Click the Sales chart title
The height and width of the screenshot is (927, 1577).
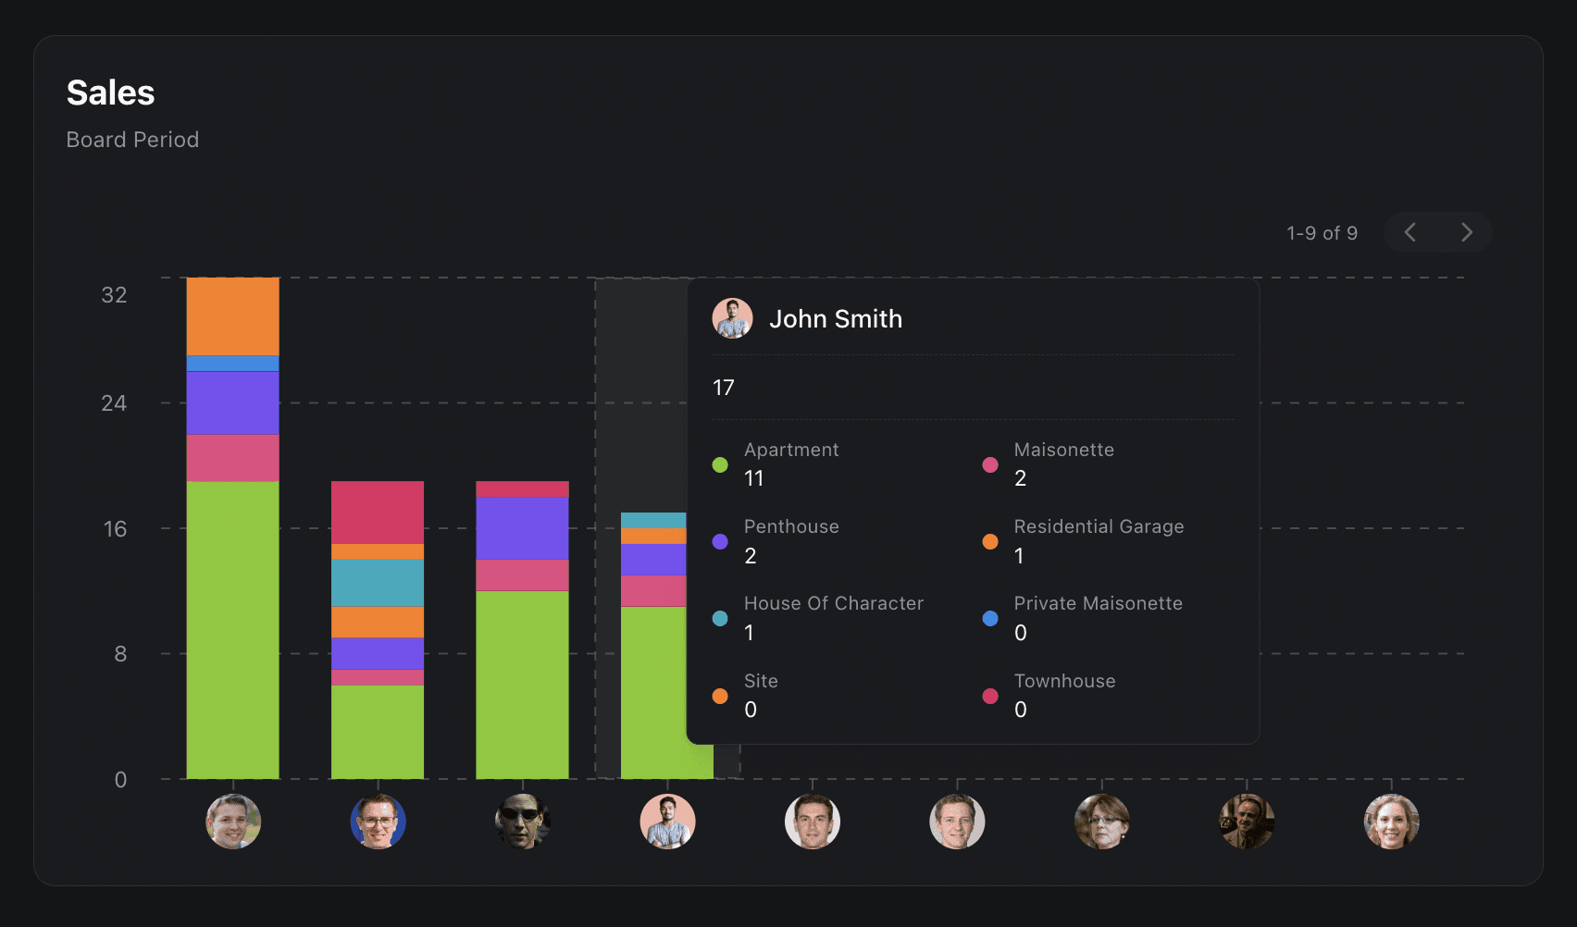pos(111,93)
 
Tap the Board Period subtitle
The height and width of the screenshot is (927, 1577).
pos(132,140)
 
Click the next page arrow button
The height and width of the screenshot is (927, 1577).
pos(1466,232)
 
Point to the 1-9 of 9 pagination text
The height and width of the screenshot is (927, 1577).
pos(1322,233)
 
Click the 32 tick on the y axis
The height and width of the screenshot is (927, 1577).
pos(114,295)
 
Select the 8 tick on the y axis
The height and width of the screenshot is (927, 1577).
pos(120,654)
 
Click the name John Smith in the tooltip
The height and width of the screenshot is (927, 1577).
pos(835,319)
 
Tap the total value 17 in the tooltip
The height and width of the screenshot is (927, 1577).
pos(723,388)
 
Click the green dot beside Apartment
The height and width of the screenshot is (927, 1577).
pos(720,464)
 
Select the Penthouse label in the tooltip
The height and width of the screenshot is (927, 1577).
pos(791,526)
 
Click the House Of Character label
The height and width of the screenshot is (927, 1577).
pos(833,603)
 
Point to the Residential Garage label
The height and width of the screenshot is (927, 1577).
pos(1099,526)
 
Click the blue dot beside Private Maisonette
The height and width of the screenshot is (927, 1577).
pos(990,618)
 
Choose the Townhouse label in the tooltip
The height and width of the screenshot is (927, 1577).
pos(1064,681)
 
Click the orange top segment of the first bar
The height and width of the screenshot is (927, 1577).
pos(232,316)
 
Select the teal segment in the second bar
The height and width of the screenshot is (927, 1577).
pos(378,583)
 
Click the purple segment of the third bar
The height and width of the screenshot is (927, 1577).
pos(522,528)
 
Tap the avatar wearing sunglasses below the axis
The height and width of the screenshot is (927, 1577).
pos(523,822)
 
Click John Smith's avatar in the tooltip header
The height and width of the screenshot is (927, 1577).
pos(732,318)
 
